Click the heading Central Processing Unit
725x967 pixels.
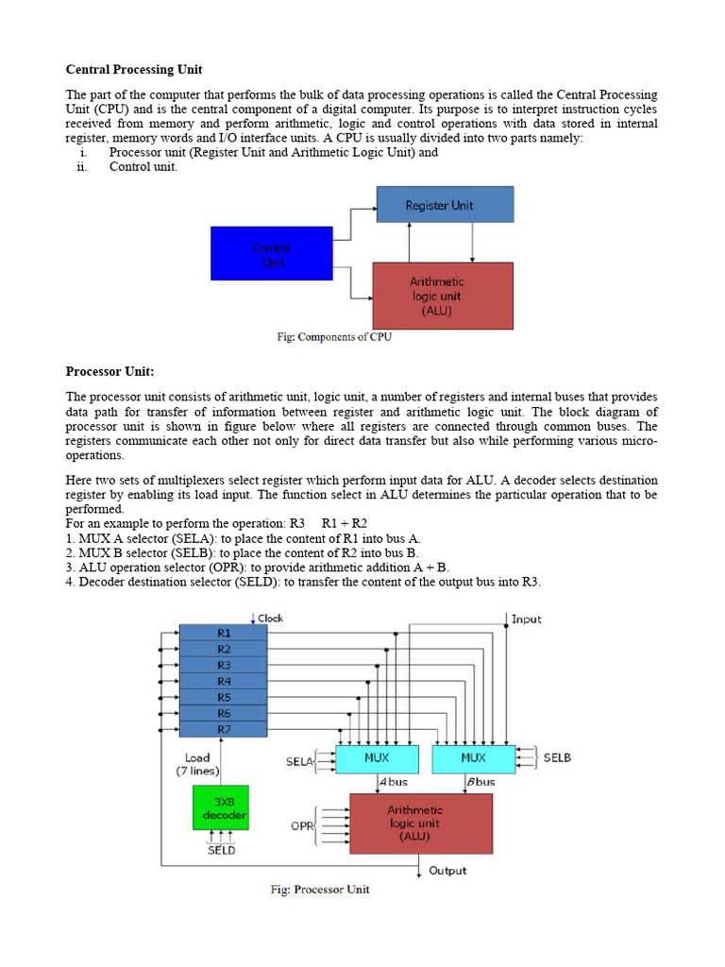click(x=134, y=70)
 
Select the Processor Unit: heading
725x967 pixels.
click(x=110, y=371)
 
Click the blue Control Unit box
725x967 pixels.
click(x=271, y=254)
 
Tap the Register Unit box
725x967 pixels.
click(x=445, y=204)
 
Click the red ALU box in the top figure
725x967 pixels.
click(x=444, y=296)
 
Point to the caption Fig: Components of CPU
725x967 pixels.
click(x=334, y=337)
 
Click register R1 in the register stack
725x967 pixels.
click(x=224, y=633)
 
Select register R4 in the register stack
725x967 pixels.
click(x=224, y=681)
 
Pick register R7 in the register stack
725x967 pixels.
click(x=224, y=729)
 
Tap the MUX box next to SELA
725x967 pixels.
click(x=378, y=758)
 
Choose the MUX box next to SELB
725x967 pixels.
click(x=473, y=758)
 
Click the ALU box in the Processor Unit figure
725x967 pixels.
click(x=421, y=823)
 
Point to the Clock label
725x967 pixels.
click(x=270, y=619)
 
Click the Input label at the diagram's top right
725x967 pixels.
click(x=526, y=619)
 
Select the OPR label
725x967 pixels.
click(x=302, y=825)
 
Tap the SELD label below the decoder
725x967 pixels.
click(x=221, y=850)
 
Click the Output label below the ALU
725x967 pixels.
click(x=447, y=870)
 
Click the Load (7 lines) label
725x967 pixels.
click(x=197, y=764)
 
